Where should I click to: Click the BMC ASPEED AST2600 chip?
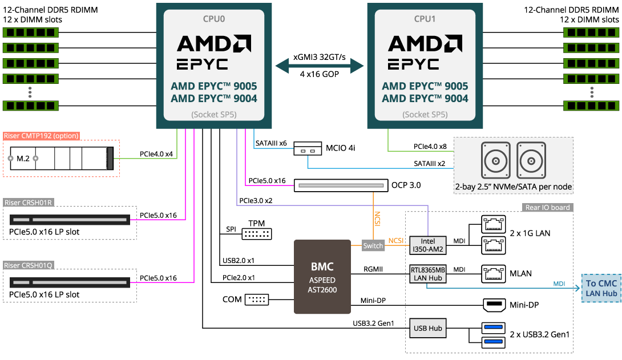click(322, 277)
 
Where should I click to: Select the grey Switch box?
click(373, 246)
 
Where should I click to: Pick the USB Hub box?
click(428, 328)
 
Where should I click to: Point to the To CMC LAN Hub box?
click(601, 288)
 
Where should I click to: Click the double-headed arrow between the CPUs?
click(320, 67)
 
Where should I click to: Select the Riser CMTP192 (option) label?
click(41, 136)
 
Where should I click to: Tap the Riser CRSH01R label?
click(29, 203)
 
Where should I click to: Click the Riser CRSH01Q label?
click(29, 265)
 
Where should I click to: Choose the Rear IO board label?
click(547, 208)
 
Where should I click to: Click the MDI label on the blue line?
click(559, 284)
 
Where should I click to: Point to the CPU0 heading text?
click(214, 19)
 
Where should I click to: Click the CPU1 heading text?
click(425, 19)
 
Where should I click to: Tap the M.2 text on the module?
click(23, 159)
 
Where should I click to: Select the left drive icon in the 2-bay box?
click(495, 160)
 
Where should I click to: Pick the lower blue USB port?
click(493, 342)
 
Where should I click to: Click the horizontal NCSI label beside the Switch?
click(395, 241)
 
